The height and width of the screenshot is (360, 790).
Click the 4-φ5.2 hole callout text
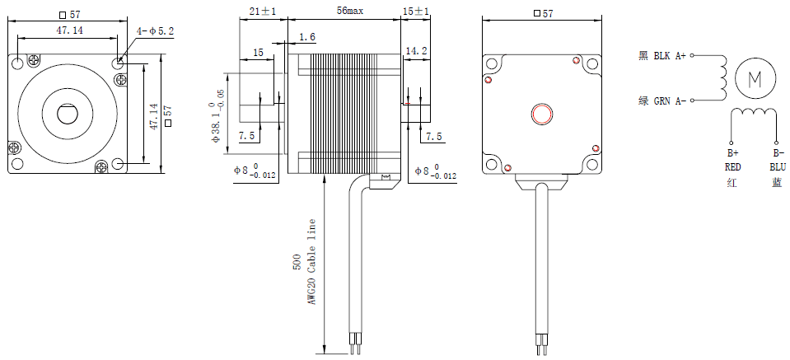point(156,31)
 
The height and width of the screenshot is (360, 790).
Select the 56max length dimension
point(344,10)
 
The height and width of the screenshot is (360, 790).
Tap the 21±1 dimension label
point(262,10)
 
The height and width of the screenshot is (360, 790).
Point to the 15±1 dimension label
point(415,10)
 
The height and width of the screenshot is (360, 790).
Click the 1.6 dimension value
point(307,37)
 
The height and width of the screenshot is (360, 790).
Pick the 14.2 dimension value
point(416,51)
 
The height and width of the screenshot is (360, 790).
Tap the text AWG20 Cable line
point(311,262)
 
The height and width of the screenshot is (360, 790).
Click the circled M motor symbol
point(755,78)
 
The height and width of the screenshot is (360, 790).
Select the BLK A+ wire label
point(670,56)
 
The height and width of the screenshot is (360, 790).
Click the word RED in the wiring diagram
point(733,166)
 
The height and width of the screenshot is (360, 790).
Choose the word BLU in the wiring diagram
point(777,166)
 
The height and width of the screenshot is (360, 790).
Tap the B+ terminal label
point(732,153)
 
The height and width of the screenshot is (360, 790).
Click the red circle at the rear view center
point(542,114)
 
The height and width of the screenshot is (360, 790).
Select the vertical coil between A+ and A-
point(722,78)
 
